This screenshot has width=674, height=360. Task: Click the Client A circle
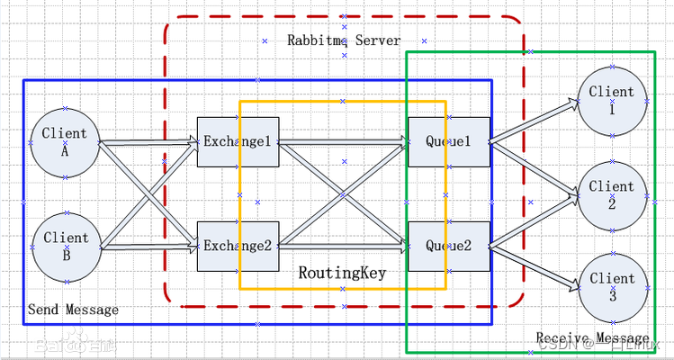[65, 142]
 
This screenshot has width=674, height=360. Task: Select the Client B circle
[65, 247]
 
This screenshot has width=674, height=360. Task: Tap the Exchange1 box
[237, 141]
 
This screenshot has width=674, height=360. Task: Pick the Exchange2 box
[237, 246]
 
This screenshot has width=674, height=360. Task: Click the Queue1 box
[448, 141]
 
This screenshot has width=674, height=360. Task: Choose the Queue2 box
[448, 246]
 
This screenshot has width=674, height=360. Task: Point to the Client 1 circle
[612, 100]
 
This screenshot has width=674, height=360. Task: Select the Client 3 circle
[612, 287]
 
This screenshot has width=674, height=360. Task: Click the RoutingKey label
[342, 272]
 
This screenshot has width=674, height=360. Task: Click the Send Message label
[73, 310]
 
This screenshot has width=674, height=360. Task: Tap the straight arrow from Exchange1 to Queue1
[342, 141]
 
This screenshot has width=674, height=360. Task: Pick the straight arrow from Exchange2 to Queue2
[342, 246]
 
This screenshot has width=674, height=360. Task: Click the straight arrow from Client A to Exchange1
[148, 141]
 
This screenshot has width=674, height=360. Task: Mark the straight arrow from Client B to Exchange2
[148, 246]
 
